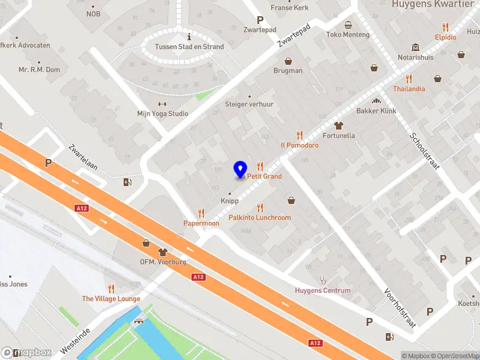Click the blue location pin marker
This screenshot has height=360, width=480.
(x=240, y=169)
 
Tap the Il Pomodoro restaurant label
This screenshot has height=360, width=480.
(x=299, y=145)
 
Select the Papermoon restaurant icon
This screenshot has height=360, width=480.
(x=201, y=213)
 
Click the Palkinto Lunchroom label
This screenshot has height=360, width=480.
(x=260, y=218)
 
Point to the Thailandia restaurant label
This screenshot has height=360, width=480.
(x=409, y=89)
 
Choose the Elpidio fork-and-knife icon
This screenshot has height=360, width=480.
(x=445, y=27)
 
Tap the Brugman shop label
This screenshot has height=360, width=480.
(x=288, y=70)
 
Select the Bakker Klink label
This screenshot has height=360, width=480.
(x=376, y=111)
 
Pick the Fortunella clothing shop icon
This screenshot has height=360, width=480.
(x=338, y=125)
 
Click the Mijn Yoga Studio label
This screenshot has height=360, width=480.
(x=163, y=113)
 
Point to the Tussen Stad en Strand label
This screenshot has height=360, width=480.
(x=189, y=47)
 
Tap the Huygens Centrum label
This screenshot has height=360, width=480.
(x=323, y=290)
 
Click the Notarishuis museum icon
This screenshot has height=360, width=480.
(x=415, y=47)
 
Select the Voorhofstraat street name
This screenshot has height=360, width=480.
(x=400, y=308)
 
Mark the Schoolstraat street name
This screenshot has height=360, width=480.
(x=425, y=150)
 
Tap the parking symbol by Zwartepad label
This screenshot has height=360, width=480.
(x=260, y=20)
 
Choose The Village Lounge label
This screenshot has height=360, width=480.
(x=111, y=299)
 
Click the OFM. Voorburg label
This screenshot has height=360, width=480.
(x=163, y=262)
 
